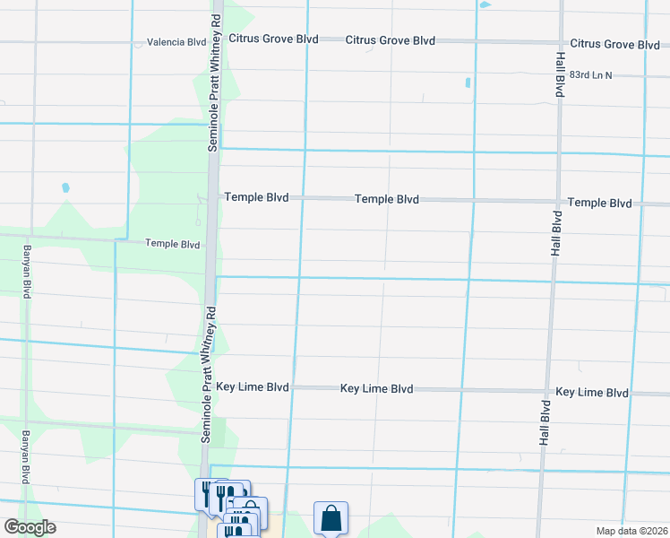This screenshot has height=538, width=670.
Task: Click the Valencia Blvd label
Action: tap(176, 42)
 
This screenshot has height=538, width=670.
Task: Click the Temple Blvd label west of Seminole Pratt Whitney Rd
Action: tap(172, 244)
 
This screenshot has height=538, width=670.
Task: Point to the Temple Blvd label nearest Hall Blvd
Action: tap(599, 204)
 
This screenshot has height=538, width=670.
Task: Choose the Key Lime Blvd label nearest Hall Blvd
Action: tap(592, 393)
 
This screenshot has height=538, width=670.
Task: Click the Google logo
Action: tap(30, 527)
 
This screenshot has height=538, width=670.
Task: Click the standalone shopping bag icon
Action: tap(331, 517)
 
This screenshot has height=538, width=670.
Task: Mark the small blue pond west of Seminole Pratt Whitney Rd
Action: tap(64, 188)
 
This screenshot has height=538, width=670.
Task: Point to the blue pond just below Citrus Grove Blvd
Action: tap(468, 84)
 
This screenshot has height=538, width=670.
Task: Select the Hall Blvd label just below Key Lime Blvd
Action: tap(545, 423)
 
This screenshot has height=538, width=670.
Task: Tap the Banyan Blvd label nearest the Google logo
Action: tap(27, 456)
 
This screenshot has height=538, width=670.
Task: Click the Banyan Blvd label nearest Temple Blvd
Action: tap(27, 272)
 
